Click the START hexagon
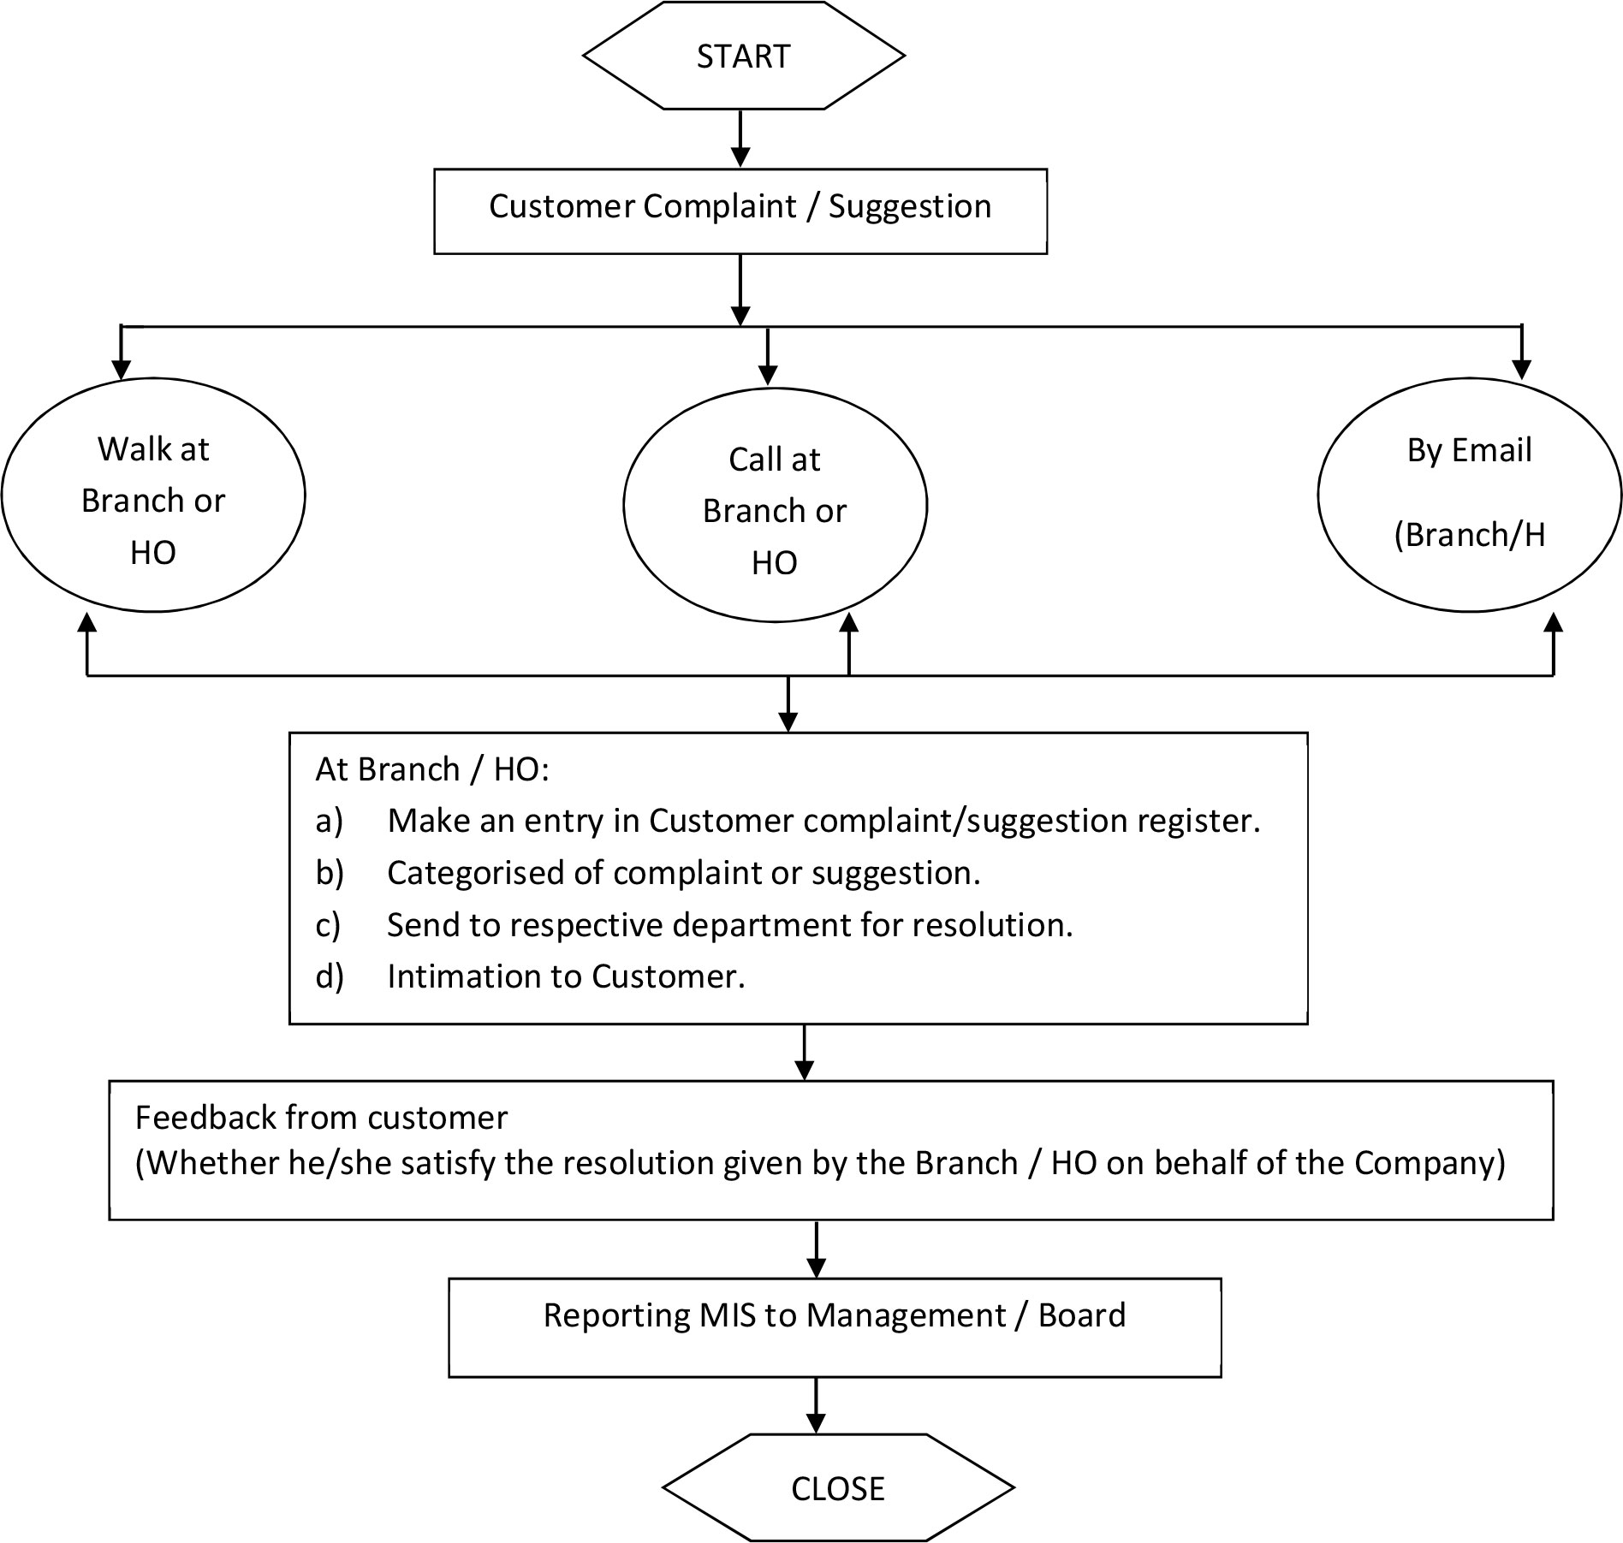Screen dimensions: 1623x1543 point(743,56)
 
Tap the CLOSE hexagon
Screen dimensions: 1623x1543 point(838,1487)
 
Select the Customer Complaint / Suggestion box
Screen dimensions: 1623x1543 point(740,211)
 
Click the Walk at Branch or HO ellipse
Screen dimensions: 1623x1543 point(153,495)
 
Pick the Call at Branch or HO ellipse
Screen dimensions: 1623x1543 point(775,505)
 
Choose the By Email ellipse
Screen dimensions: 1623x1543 point(1470,495)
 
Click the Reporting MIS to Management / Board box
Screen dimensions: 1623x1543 point(835,1327)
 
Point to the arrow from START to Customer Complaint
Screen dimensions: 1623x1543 point(740,139)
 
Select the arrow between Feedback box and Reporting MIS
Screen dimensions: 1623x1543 point(817,1249)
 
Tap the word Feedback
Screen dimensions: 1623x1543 point(205,1118)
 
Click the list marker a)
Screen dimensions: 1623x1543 point(330,821)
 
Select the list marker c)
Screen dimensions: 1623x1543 point(328,925)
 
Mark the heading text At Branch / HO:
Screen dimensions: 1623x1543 point(432,770)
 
